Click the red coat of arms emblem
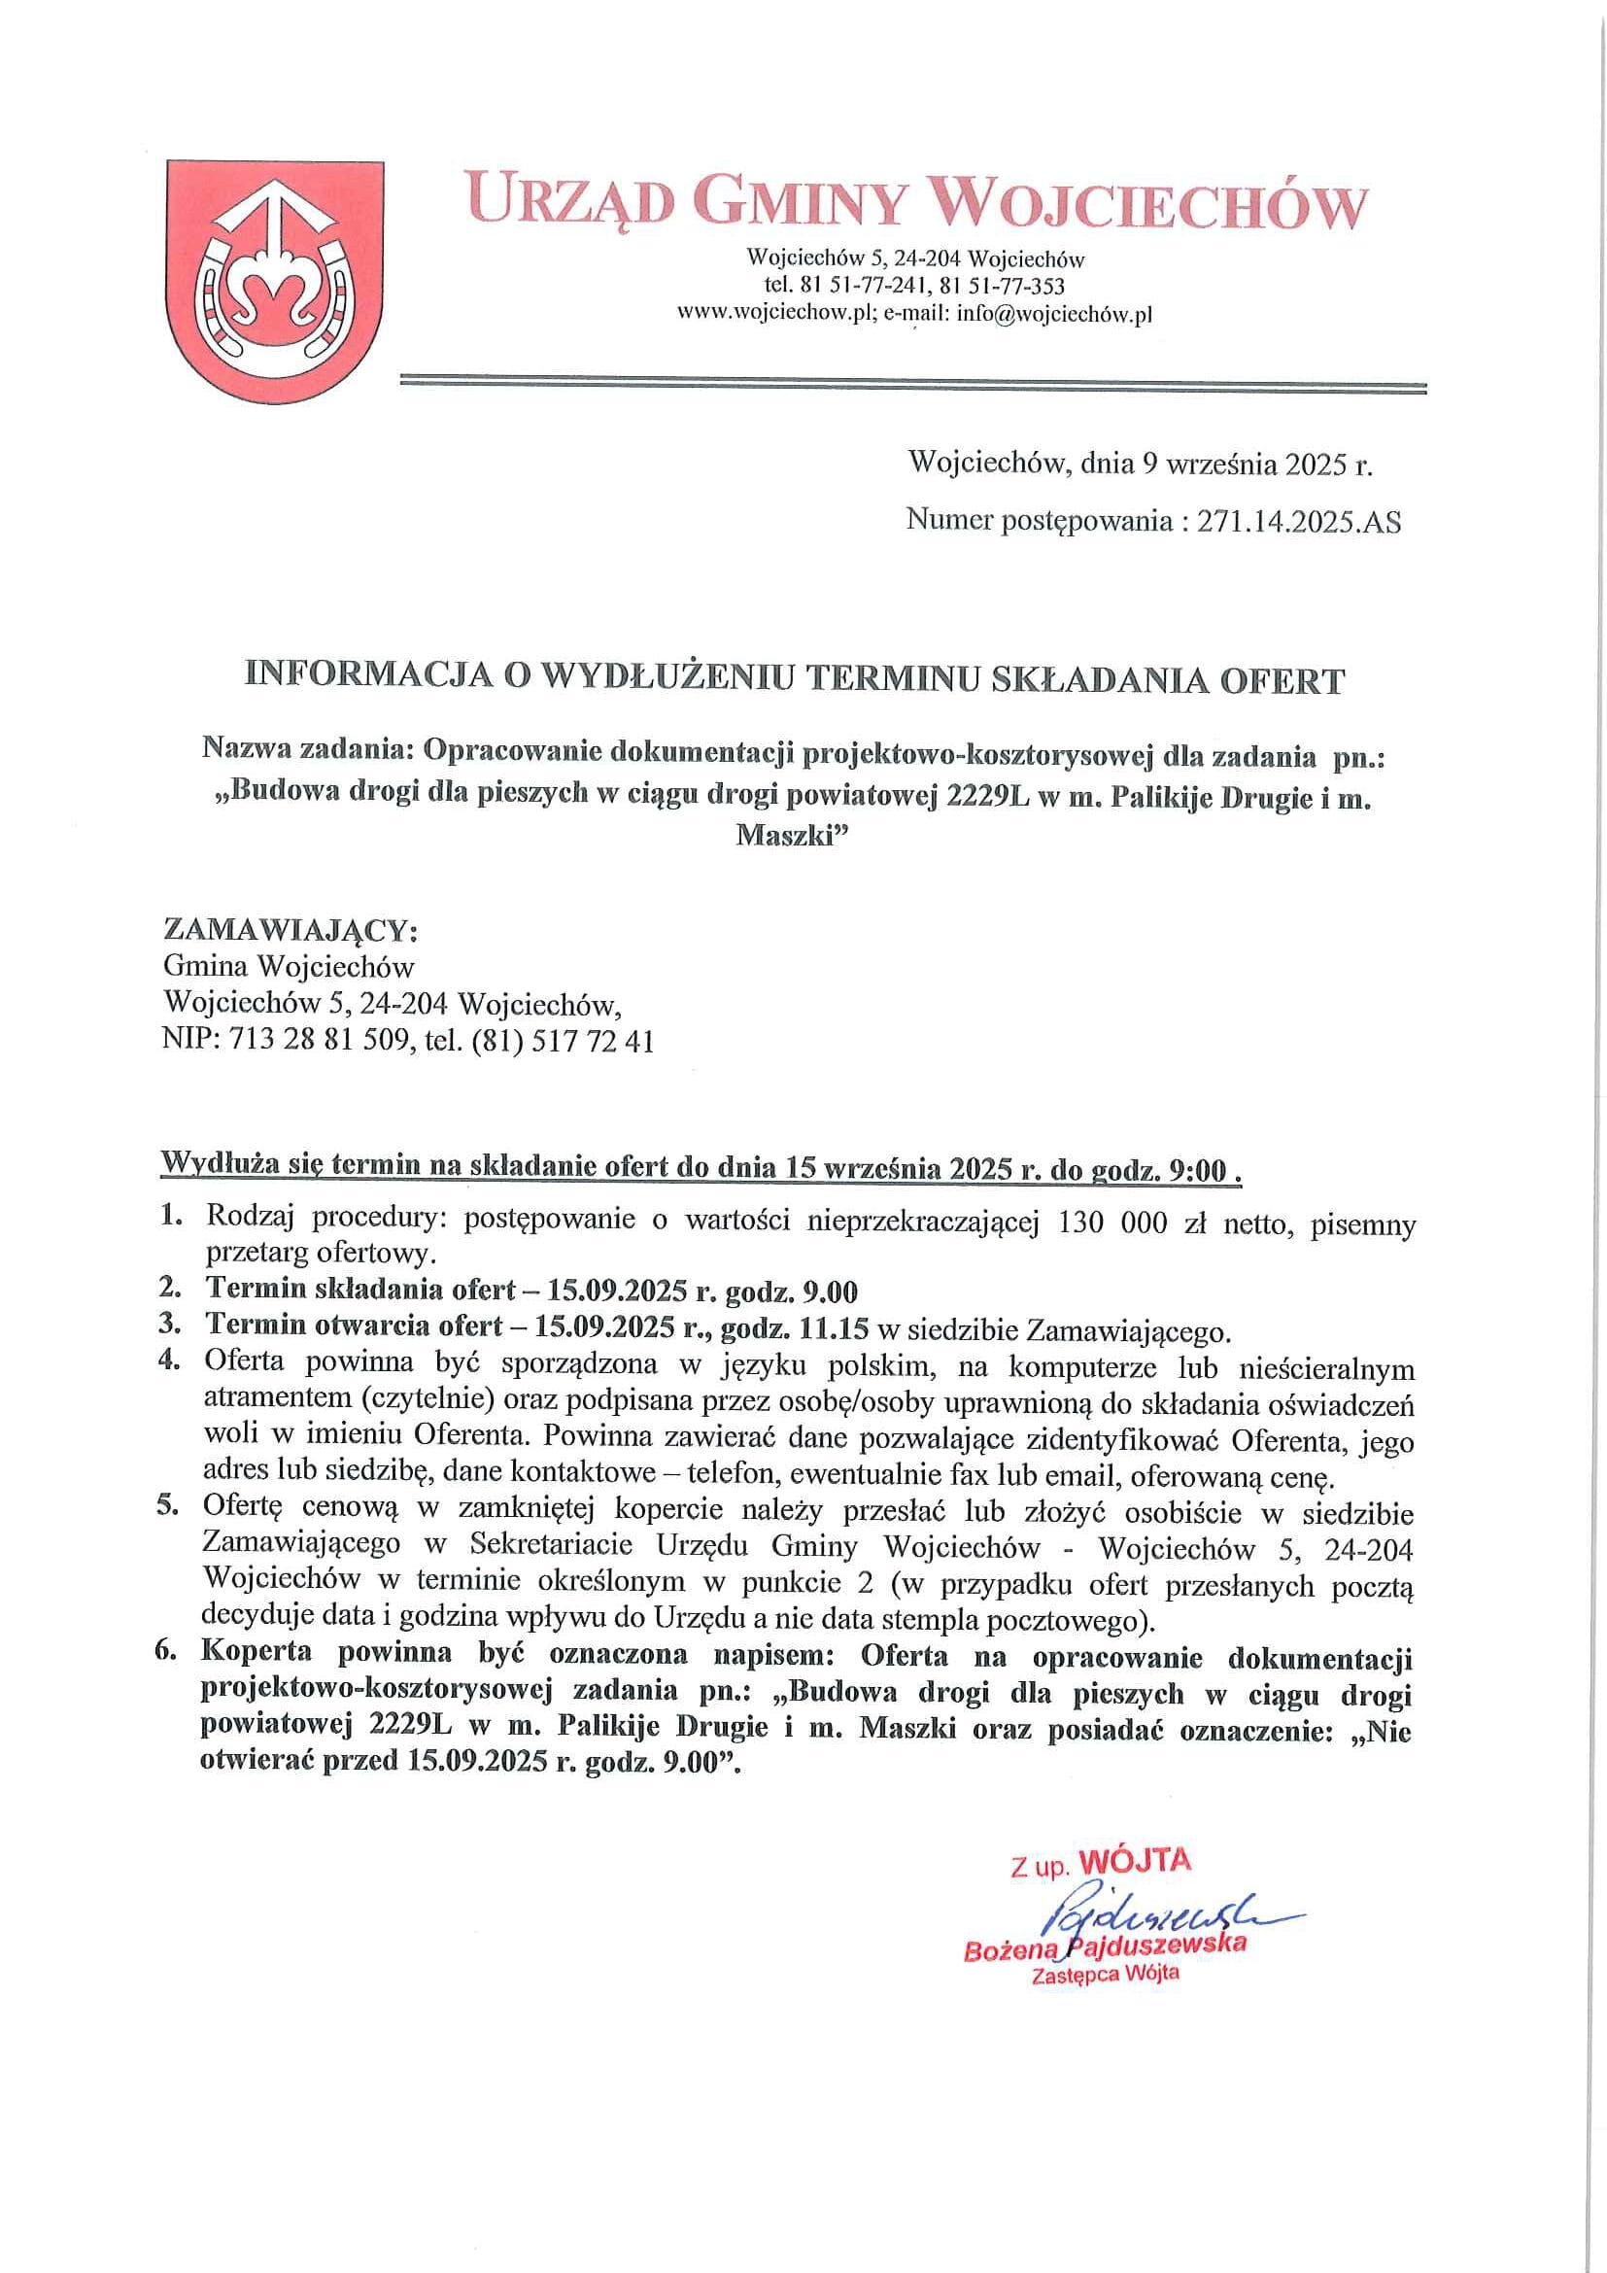274,281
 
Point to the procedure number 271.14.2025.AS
1298,522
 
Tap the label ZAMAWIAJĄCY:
291,931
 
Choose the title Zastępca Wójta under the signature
1106,1974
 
